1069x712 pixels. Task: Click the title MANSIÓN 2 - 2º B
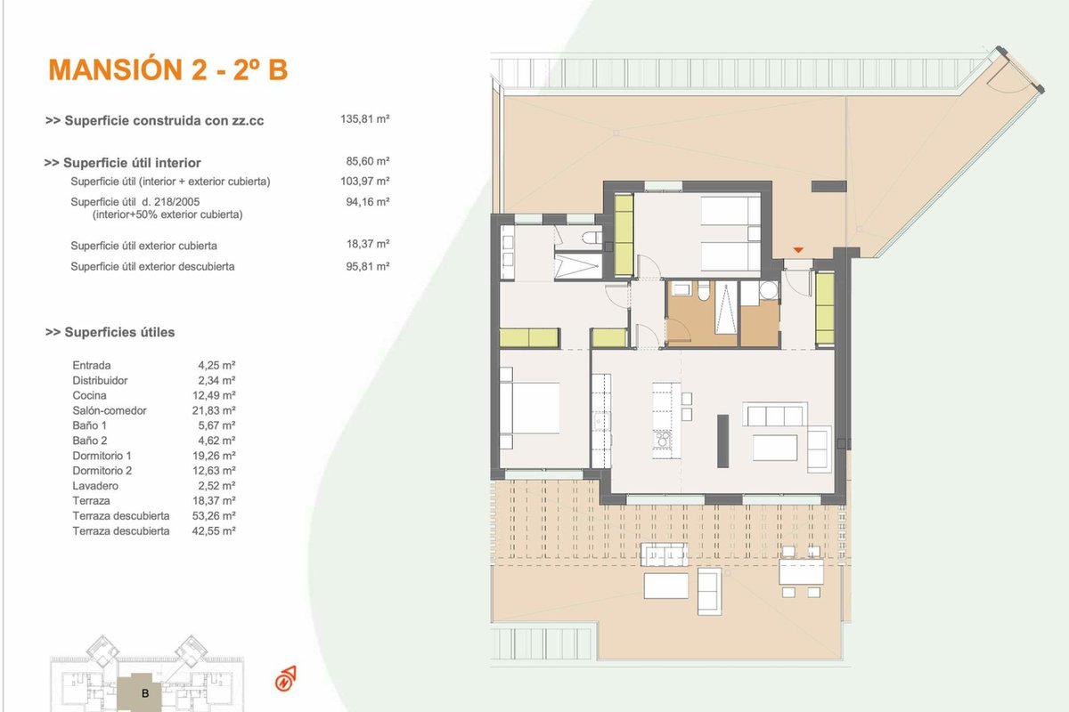(168, 69)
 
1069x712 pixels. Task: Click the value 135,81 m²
(365, 118)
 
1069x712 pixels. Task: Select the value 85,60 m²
(368, 161)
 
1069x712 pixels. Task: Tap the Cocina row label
(89, 395)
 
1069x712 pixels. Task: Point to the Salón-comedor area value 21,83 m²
(214, 410)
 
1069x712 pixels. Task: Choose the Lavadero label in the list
(95, 486)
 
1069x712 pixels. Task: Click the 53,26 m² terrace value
(214, 516)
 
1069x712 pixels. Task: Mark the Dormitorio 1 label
(102, 456)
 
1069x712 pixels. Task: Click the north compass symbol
(285, 678)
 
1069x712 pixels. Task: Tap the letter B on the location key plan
(145, 693)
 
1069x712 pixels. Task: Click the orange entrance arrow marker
(798, 250)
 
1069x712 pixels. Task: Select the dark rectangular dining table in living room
(723, 441)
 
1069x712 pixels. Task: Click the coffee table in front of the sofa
(775, 448)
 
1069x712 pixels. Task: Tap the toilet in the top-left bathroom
(592, 238)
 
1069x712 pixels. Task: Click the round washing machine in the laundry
(768, 290)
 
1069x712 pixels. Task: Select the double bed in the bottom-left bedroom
(530, 408)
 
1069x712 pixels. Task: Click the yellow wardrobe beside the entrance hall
(825, 308)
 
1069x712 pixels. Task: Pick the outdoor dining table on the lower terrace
(801, 571)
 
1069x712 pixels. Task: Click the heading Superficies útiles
(110, 332)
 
